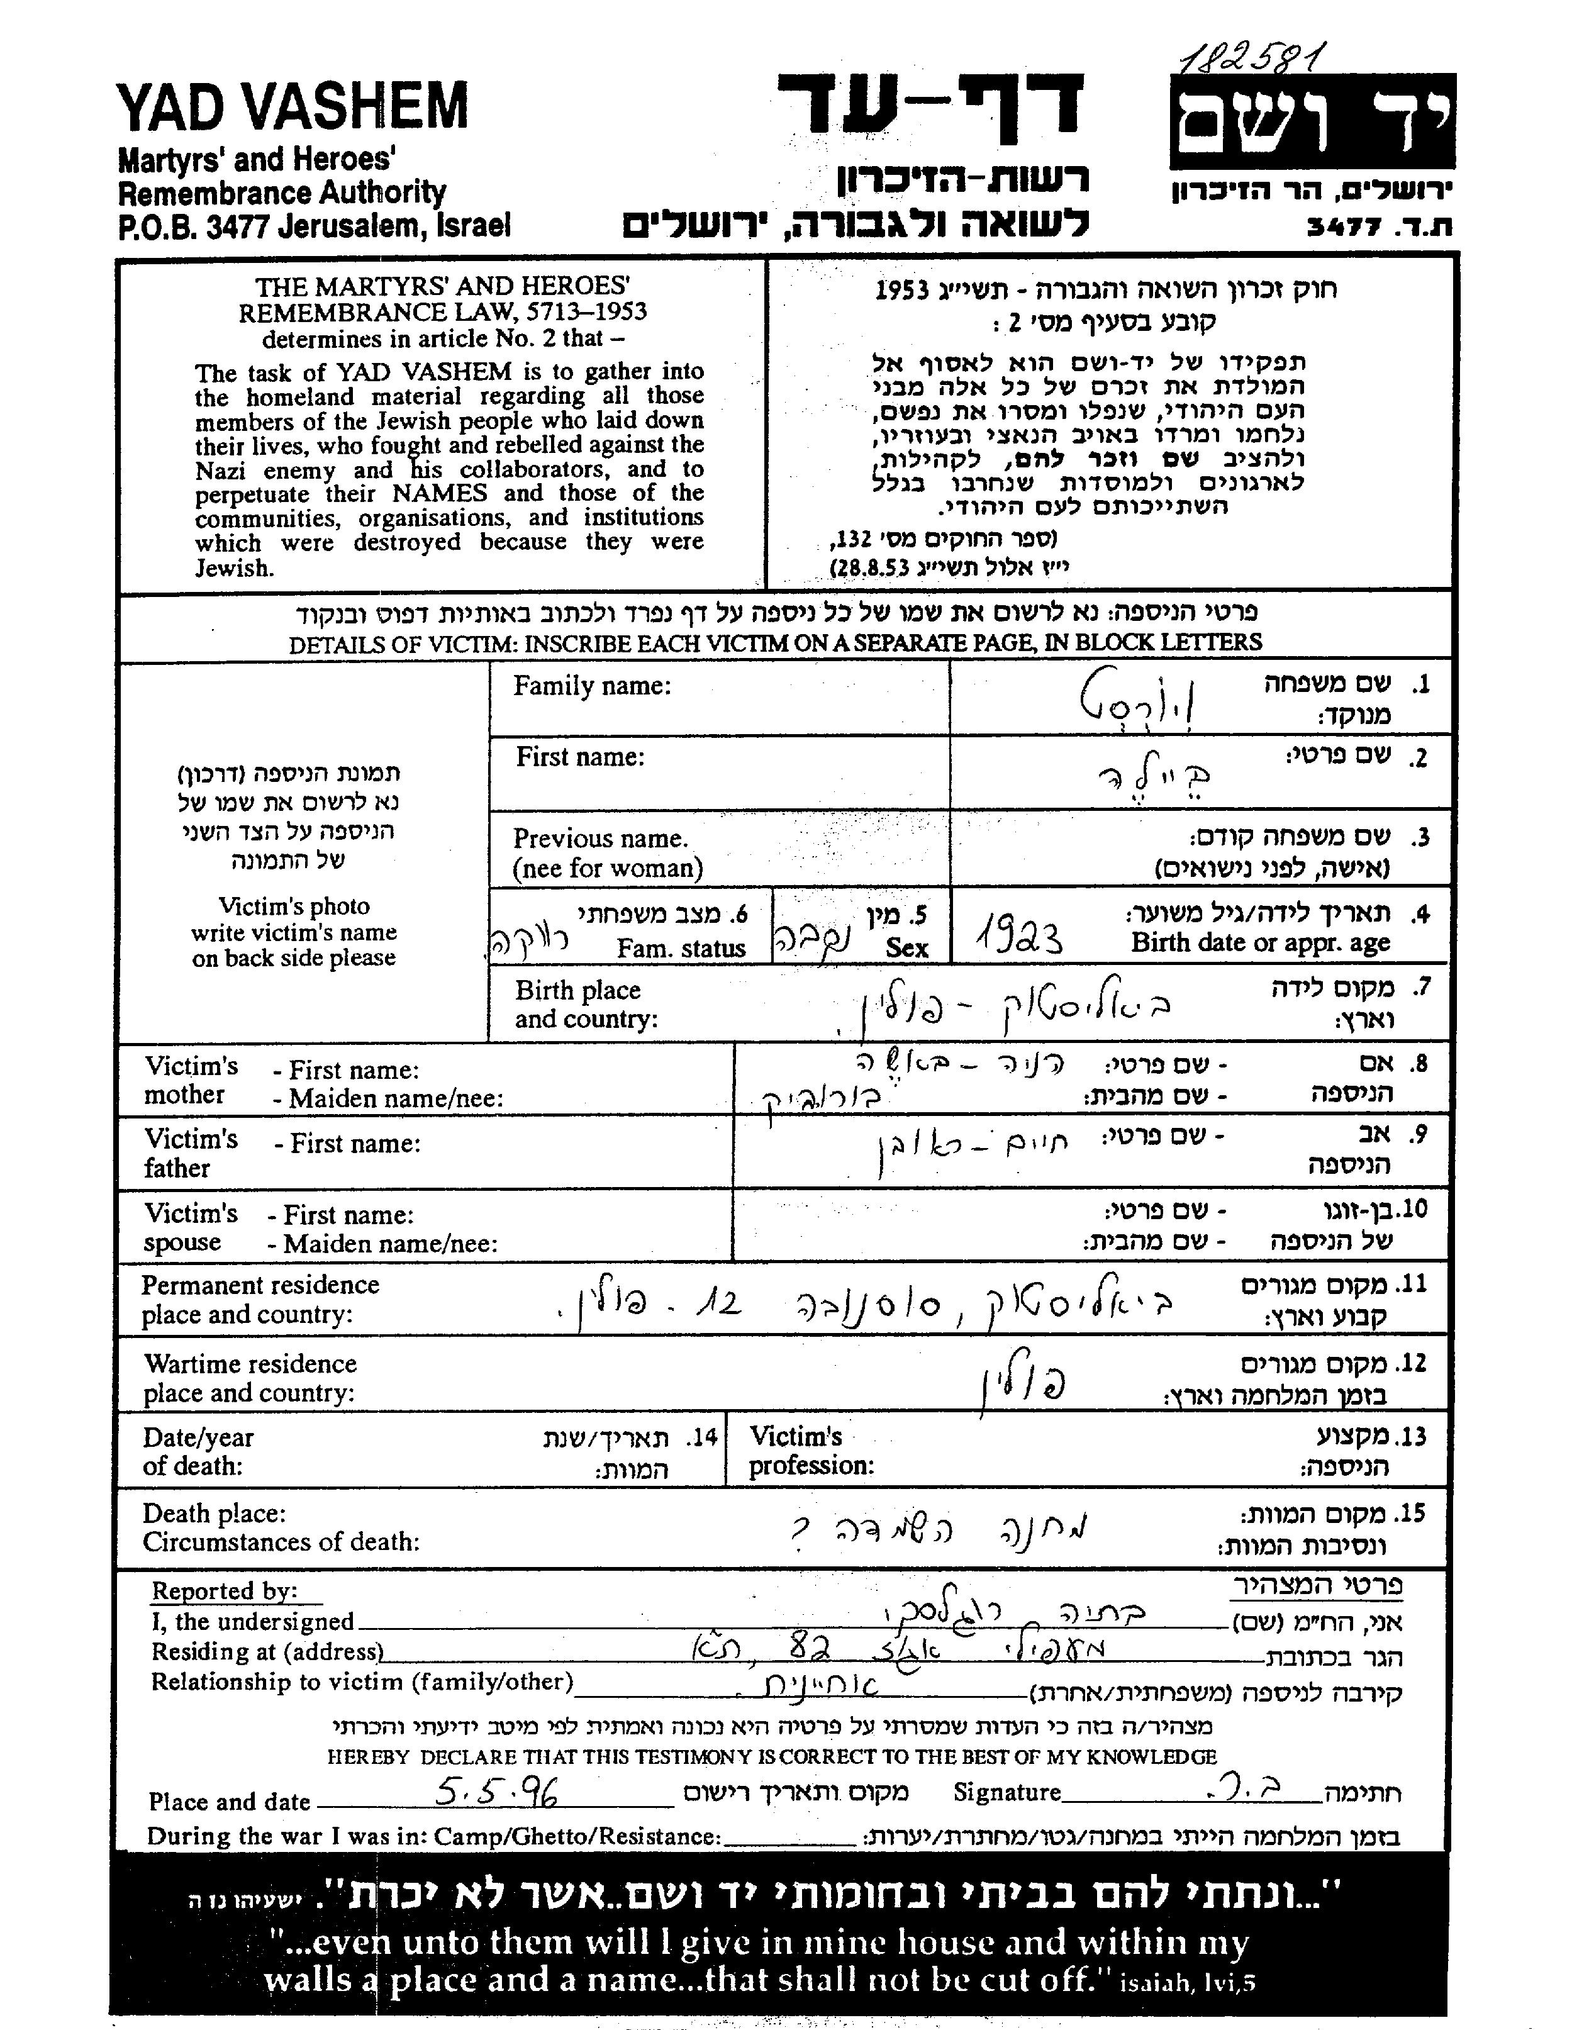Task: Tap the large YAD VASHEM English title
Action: (292, 107)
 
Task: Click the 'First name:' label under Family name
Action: (581, 757)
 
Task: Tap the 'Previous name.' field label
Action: (600, 839)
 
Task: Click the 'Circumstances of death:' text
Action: (281, 1542)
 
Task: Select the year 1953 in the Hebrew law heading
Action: (903, 290)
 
